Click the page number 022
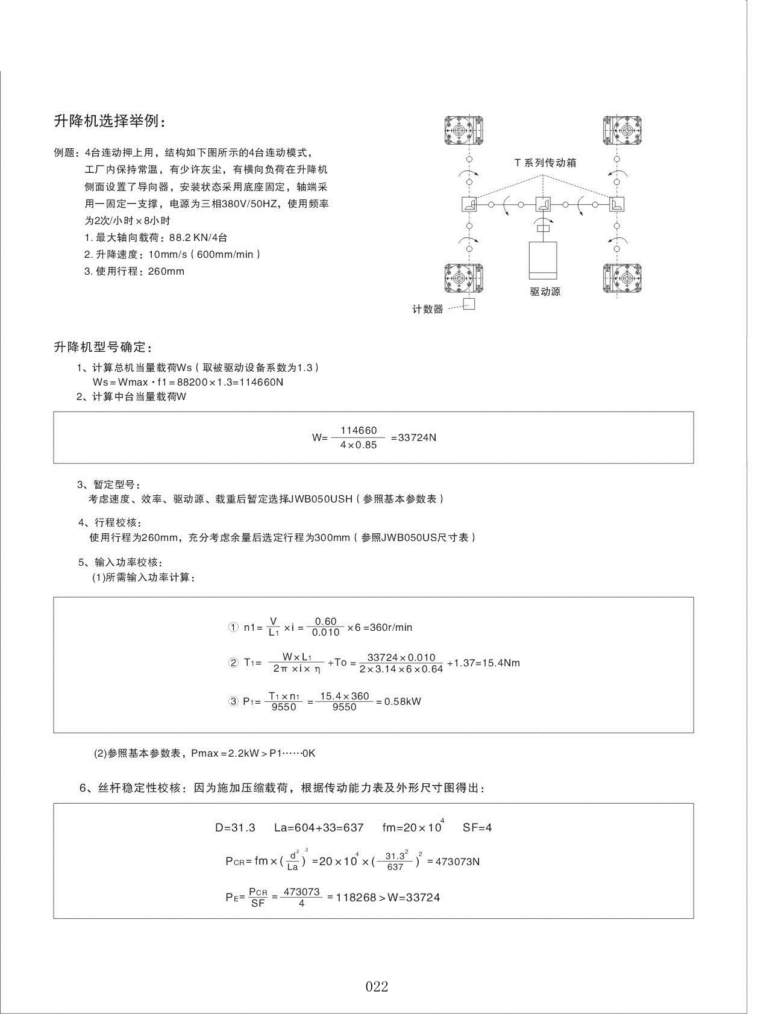(x=377, y=986)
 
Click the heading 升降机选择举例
(x=108, y=121)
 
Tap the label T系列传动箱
(x=545, y=163)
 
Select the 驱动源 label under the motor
(x=545, y=292)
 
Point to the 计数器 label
(x=428, y=309)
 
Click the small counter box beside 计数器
(x=469, y=304)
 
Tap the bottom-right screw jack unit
(x=622, y=279)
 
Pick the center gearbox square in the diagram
(x=543, y=205)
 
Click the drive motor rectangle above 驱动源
(x=542, y=260)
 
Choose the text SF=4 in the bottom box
(x=477, y=827)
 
